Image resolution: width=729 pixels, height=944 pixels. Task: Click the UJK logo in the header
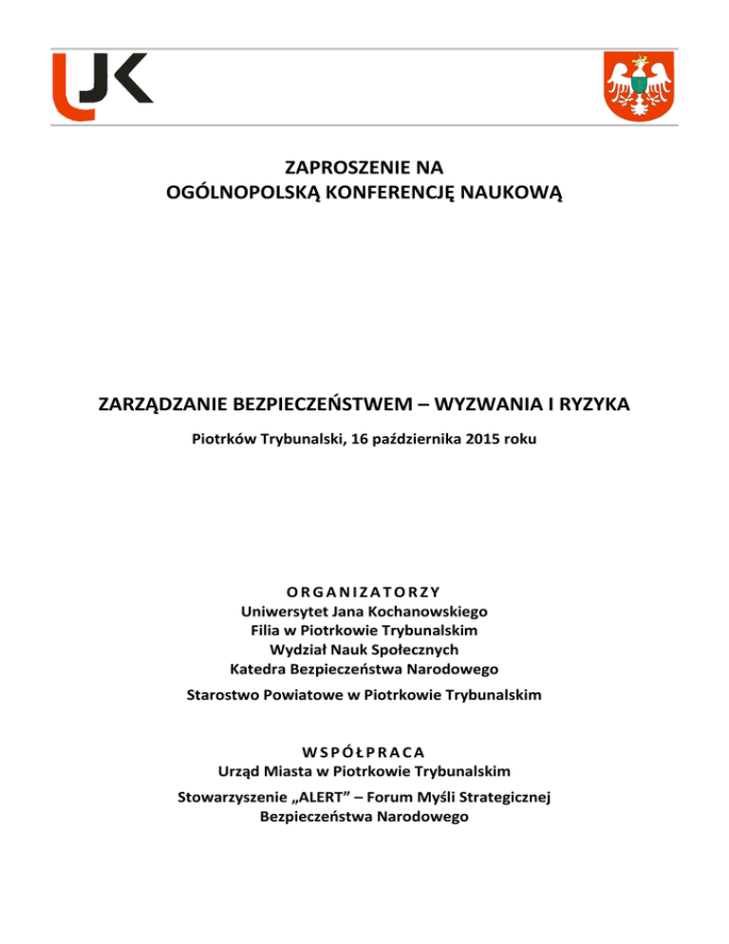(x=102, y=85)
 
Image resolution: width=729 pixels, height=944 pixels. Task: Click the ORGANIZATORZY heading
(x=364, y=595)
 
